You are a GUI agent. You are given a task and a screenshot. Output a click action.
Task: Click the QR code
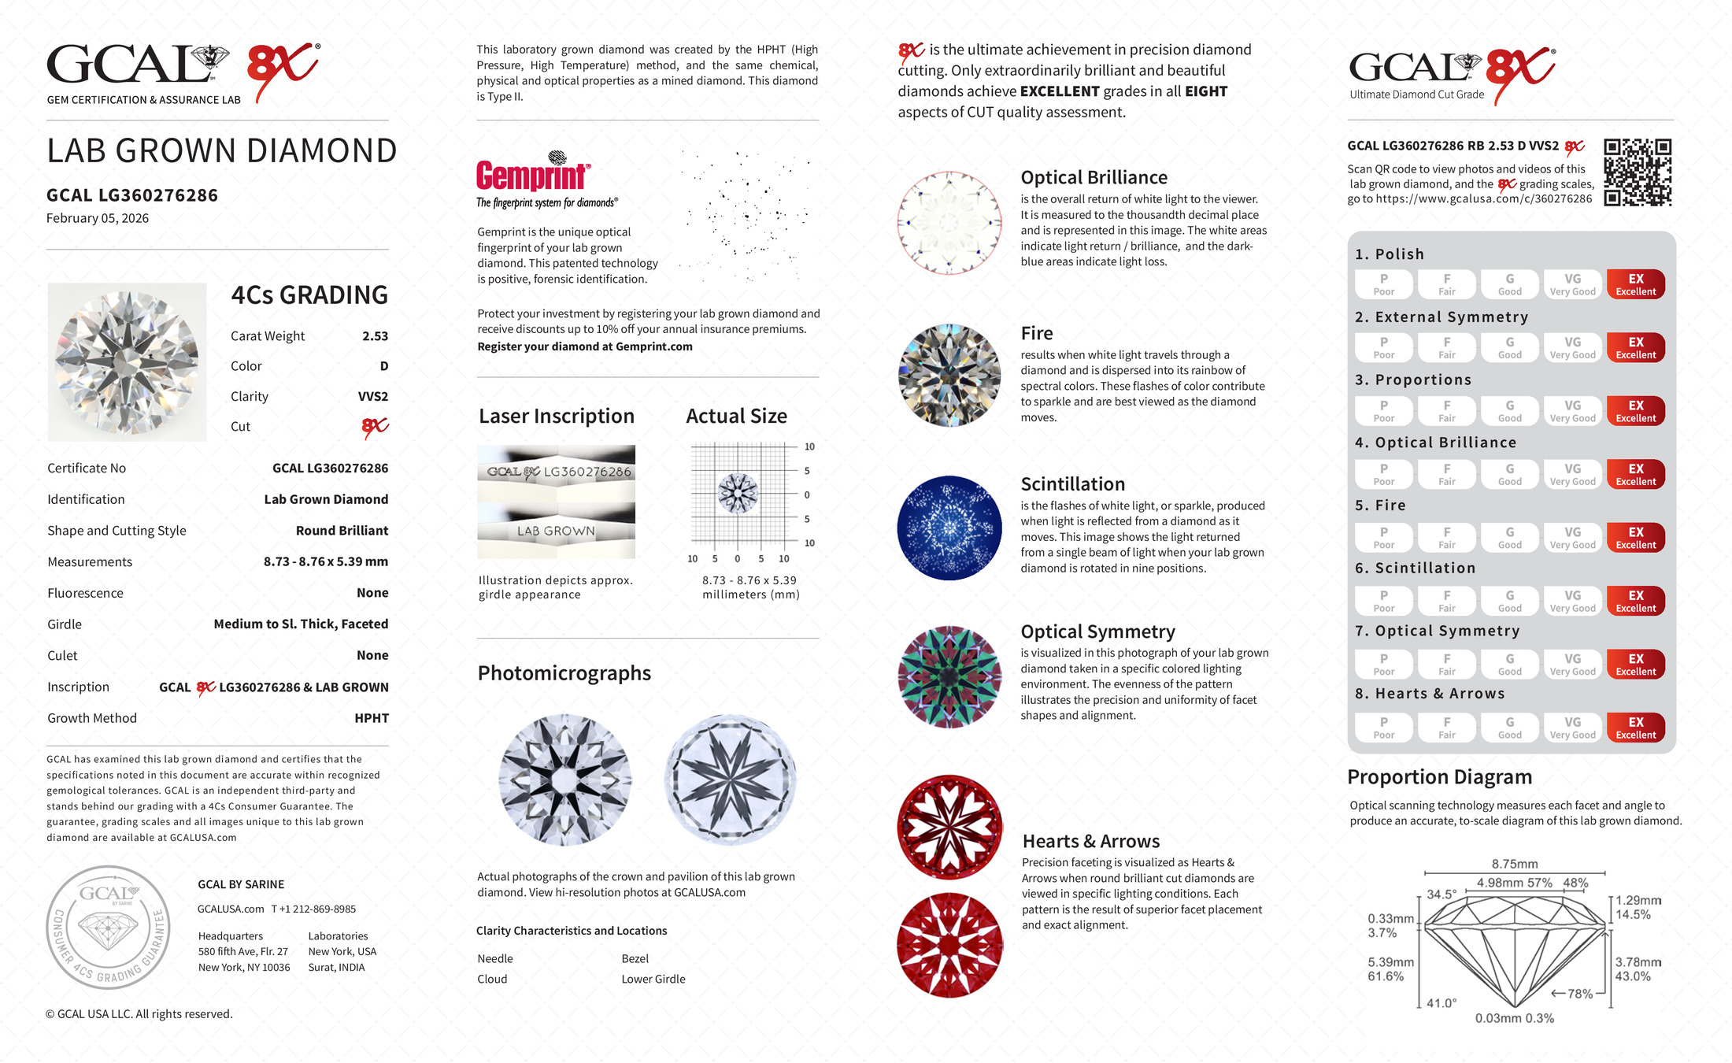click(1638, 172)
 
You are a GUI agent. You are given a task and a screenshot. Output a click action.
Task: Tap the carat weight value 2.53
click(375, 336)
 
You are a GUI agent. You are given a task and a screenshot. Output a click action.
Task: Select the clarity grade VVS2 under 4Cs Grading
click(372, 397)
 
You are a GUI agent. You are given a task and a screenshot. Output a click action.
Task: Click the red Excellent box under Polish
click(1635, 284)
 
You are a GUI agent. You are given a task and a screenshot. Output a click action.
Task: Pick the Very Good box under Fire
click(1572, 538)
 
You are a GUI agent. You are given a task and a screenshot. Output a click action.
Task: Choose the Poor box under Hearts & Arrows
click(1383, 728)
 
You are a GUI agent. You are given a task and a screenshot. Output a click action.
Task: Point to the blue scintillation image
click(949, 528)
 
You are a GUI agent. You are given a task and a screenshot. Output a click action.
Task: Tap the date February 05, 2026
click(98, 218)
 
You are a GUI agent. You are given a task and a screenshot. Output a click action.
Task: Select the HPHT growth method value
click(372, 718)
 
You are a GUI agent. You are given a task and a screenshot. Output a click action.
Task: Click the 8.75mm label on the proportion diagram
click(1514, 864)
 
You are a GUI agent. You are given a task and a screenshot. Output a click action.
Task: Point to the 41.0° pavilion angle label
click(1441, 1003)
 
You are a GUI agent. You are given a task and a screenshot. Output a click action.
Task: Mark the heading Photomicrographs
click(564, 673)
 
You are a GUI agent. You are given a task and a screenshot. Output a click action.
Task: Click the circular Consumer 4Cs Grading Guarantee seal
click(108, 927)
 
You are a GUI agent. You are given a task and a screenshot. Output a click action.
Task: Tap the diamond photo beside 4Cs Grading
click(127, 361)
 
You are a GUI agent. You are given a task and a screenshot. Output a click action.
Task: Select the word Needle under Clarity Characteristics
click(495, 958)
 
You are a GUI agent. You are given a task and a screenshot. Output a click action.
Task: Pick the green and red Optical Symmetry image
click(949, 676)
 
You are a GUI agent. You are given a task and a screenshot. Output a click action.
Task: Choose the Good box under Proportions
click(1509, 411)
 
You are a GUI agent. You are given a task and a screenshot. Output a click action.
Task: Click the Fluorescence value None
click(372, 593)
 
